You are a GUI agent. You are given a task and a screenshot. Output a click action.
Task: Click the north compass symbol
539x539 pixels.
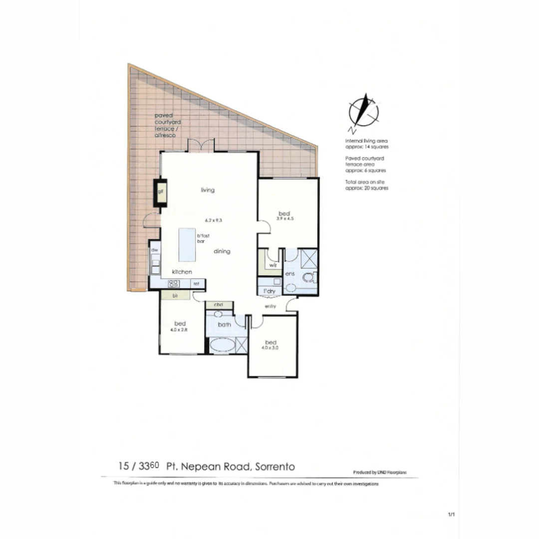(x=364, y=111)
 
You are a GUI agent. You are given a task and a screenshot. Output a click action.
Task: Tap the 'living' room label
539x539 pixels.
(x=208, y=190)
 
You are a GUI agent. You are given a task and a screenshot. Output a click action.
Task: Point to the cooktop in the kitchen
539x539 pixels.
(x=174, y=283)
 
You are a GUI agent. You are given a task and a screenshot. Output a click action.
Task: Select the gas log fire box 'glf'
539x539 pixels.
(x=161, y=192)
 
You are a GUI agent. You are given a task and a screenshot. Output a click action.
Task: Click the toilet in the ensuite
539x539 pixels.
(x=310, y=276)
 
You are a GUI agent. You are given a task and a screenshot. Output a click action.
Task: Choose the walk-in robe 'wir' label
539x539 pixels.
(x=272, y=266)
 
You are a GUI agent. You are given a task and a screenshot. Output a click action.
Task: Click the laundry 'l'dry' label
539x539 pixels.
(x=269, y=291)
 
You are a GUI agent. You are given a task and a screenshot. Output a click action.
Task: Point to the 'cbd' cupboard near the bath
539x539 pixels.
(x=218, y=304)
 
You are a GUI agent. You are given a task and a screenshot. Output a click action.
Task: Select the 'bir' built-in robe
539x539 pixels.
(x=175, y=295)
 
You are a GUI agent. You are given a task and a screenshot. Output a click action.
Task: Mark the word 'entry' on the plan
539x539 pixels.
(x=271, y=306)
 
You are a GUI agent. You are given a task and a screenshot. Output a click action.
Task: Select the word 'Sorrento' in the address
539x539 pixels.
(x=275, y=467)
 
